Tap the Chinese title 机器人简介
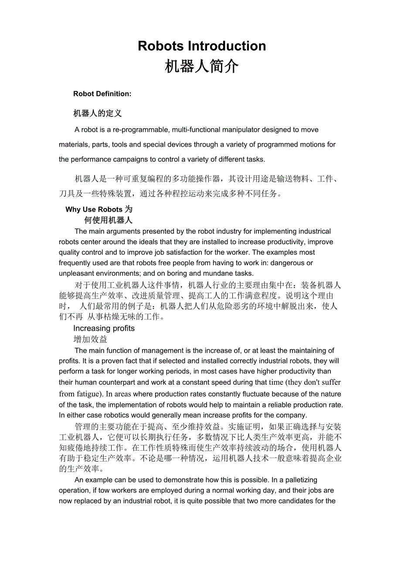tap(202, 66)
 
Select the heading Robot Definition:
tap(102, 94)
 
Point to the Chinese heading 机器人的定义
tap(97, 113)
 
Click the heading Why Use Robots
tap(94, 209)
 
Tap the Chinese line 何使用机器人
tap(108, 220)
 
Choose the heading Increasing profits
tap(104, 328)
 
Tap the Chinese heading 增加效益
tap(90, 339)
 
